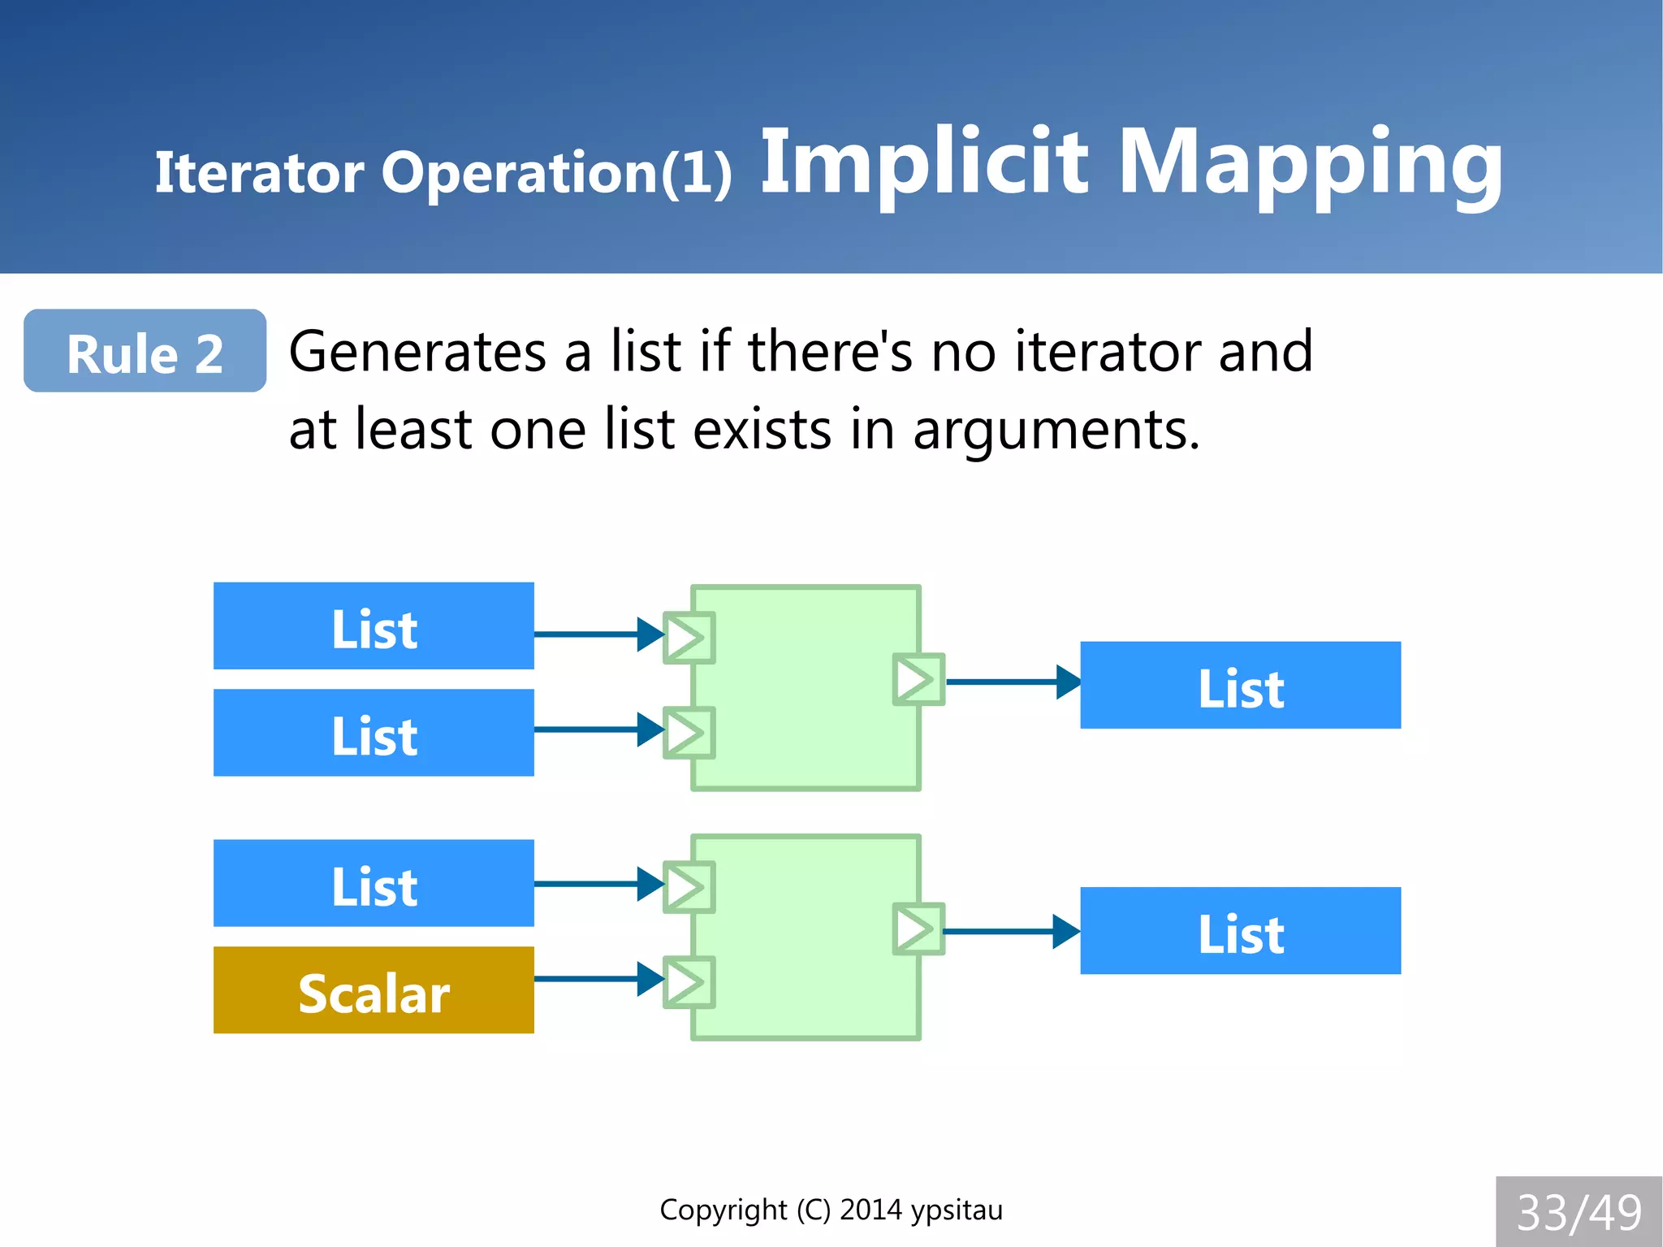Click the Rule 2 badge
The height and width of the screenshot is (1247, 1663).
(x=145, y=351)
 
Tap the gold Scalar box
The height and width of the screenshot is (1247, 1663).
(x=374, y=989)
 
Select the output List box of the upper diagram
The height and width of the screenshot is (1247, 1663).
(x=1240, y=685)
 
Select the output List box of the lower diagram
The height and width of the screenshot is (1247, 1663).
(x=1240, y=930)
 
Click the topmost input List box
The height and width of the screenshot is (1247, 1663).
(x=374, y=626)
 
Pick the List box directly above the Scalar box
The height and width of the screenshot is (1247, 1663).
(x=374, y=883)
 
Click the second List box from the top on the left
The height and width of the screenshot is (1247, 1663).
(x=374, y=733)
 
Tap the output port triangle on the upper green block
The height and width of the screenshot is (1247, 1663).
(x=918, y=679)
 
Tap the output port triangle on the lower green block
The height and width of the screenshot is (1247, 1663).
(x=918, y=929)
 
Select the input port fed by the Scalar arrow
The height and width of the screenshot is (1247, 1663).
(x=689, y=983)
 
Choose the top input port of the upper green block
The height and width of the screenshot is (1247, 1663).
(x=689, y=638)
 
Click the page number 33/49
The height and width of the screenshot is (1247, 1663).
(x=1579, y=1212)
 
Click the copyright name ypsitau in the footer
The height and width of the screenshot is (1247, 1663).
(x=957, y=1210)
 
